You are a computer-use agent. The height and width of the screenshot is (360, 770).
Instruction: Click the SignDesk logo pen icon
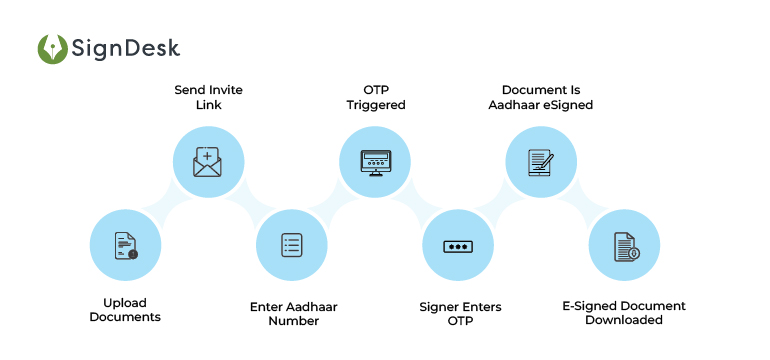coord(52,49)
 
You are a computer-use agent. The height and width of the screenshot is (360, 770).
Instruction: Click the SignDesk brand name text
coord(126,48)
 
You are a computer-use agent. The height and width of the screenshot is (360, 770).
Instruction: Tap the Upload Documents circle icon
coord(125,245)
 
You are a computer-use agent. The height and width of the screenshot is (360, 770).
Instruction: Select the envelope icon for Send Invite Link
coord(208,161)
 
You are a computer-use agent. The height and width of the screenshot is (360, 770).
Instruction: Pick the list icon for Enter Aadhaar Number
coord(291,245)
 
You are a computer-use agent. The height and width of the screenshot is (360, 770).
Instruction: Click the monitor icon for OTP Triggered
coord(375,161)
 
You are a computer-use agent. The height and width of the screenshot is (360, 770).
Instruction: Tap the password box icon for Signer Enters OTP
coord(457,245)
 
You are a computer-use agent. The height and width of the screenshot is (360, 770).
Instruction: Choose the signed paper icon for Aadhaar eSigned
coord(540,161)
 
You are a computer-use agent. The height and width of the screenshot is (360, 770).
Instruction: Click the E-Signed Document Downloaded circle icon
coord(623,245)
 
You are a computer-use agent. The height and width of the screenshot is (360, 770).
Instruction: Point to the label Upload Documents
coord(125,309)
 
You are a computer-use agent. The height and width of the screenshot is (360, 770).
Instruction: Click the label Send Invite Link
coord(208,97)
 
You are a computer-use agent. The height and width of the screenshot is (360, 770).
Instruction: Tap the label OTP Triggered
coord(375,97)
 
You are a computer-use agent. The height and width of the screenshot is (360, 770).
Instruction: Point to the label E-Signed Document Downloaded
coord(623,313)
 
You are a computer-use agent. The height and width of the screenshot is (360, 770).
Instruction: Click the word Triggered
coord(375,104)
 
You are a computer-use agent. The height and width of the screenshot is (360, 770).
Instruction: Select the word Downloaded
coord(623,320)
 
